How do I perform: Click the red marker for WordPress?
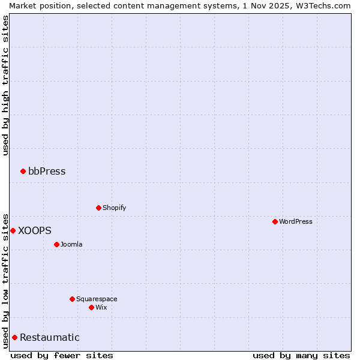[275, 221]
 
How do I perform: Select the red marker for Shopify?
[98, 208]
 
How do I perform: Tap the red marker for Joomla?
[56, 244]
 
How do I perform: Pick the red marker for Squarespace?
[72, 299]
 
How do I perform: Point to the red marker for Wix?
[91, 307]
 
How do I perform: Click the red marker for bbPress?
[23, 171]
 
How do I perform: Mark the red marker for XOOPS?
[13, 230]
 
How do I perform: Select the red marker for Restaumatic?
[14, 337]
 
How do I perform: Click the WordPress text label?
[296, 221]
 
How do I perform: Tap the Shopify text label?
[115, 208]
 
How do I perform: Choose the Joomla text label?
[71, 244]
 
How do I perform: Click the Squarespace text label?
[97, 299]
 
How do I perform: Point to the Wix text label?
[101, 307]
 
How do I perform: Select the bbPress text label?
[47, 171]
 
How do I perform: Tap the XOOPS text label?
[35, 230]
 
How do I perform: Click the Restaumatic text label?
[50, 337]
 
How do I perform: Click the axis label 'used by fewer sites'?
[62, 355]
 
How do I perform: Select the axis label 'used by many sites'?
[301, 355]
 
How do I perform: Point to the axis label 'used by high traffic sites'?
[5, 85]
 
